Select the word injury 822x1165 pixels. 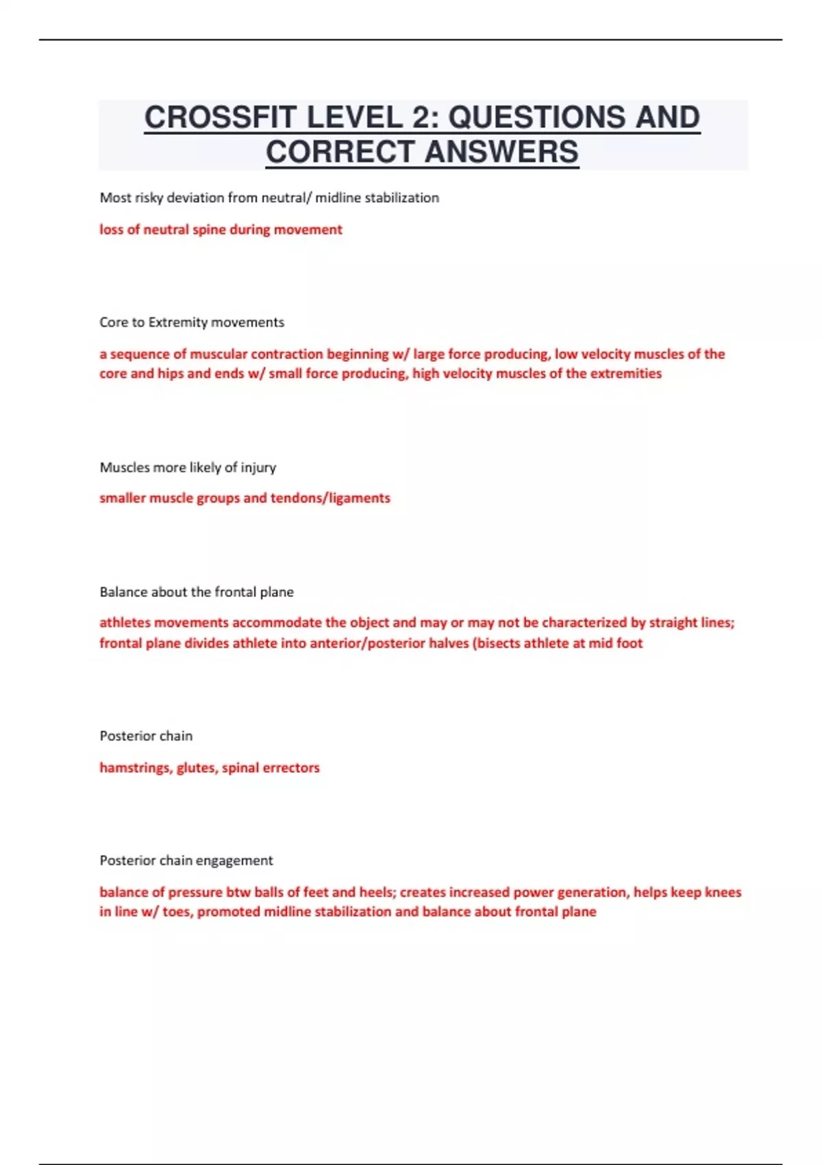click(258, 467)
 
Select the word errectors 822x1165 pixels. click(290, 768)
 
